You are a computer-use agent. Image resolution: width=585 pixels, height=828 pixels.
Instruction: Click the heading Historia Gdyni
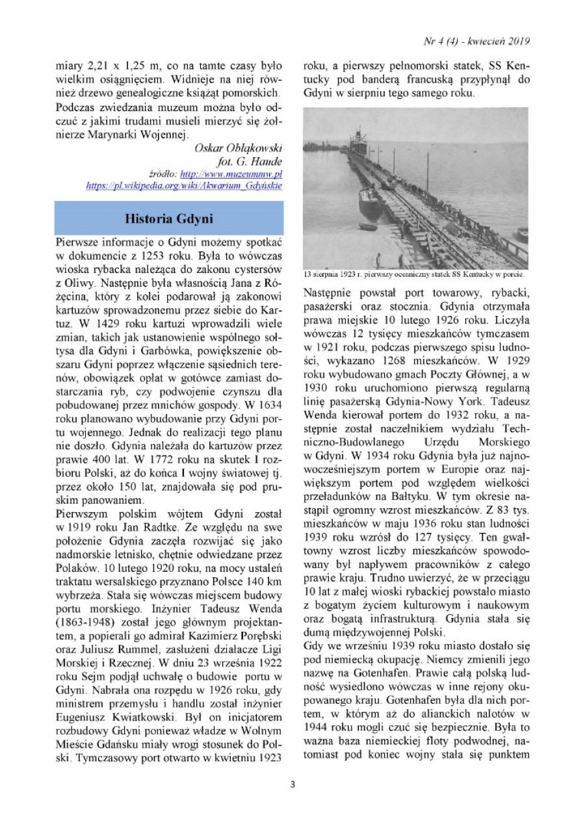(x=168, y=218)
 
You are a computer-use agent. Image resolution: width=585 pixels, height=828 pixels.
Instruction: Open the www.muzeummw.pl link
(x=231, y=175)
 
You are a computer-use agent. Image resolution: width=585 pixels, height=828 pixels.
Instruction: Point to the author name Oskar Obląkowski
(x=239, y=148)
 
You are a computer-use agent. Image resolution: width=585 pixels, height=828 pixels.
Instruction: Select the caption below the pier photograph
(x=415, y=274)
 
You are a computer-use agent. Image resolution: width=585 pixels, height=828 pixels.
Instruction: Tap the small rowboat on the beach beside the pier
(x=368, y=227)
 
